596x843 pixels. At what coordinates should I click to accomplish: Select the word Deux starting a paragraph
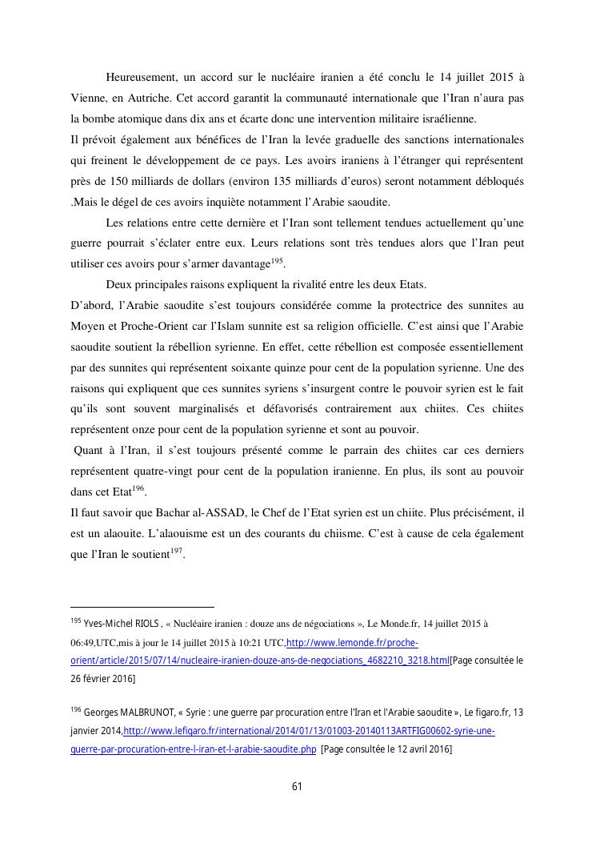click(119, 285)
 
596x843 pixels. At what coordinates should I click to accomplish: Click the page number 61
click(297, 786)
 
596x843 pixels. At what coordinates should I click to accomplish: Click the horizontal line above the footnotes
click(142, 608)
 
